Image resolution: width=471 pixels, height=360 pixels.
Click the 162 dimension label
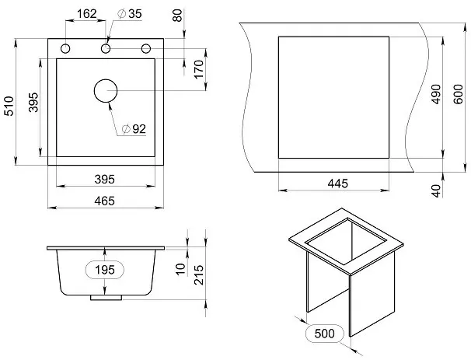(x=87, y=13)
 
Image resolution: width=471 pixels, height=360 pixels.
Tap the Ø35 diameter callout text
(x=130, y=13)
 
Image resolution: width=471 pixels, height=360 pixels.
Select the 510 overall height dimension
(x=9, y=106)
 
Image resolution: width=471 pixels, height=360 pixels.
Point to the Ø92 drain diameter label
(x=134, y=129)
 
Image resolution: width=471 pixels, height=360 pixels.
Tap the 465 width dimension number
(x=104, y=201)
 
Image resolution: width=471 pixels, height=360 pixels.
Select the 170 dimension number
(x=199, y=69)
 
